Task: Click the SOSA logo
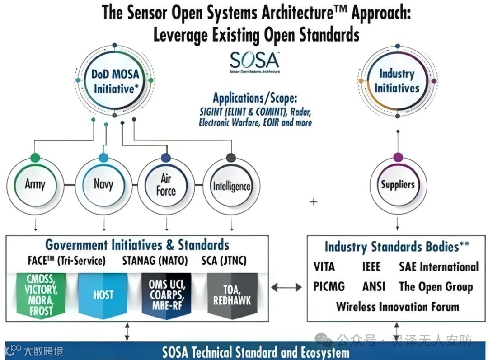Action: point(254,62)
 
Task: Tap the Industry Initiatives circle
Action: point(397,80)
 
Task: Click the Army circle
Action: point(35,184)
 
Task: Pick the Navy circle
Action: point(103,184)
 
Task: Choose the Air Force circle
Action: point(166,185)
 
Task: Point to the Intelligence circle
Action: point(231,186)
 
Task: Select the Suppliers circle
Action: point(398,184)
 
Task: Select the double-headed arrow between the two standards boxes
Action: point(286,286)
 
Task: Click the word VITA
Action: point(324,267)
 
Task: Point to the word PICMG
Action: point(329,286)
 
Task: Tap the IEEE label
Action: point(371,267)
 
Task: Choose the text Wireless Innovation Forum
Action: point(397,307)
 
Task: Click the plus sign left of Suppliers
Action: point(314,202)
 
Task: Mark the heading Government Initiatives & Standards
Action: point(137,245)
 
